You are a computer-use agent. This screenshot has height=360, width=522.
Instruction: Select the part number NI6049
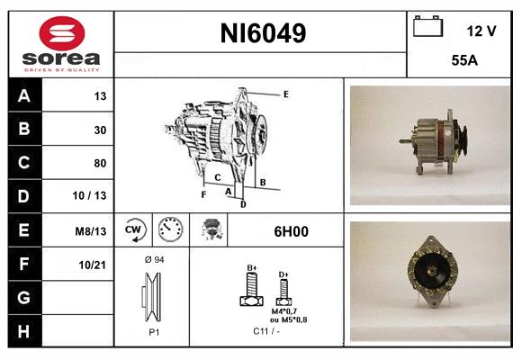click(x=263, y=34)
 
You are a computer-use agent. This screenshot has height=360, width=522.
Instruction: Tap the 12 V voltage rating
click(x=481, y=31)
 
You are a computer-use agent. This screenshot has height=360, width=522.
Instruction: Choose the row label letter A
click(x=23, y=95)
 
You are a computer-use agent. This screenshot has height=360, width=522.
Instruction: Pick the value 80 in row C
click(x=100, y=164)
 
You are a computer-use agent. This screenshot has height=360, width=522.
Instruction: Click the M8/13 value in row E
click(x=92, y=231)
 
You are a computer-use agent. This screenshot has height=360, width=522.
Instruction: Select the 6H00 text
click(x=291, y=231)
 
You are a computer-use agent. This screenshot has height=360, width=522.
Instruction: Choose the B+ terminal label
click(x=252, y=267)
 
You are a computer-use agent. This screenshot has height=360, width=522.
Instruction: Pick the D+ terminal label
click(x=283, y=273)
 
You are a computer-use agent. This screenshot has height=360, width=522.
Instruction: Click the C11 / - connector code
click(x=266, y=330)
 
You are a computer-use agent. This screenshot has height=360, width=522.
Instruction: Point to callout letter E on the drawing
click(x=285, y=94)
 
